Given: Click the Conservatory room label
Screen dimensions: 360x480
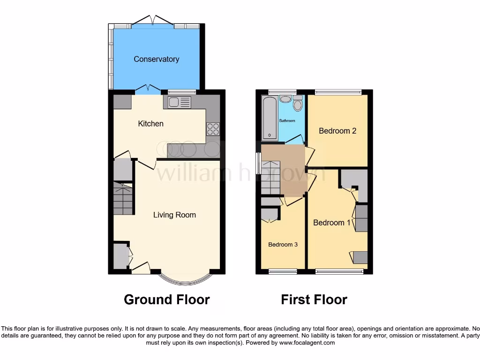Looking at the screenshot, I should click(156, 59).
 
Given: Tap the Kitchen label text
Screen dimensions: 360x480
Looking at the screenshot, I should click(150, 124).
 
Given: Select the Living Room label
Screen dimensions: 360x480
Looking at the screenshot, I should click(174, 215).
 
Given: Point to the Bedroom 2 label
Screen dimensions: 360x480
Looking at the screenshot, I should click(337, 131).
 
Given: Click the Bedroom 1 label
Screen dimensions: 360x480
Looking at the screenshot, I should click(331, 223).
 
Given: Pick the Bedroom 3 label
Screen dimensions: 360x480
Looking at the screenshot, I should click(283, 245).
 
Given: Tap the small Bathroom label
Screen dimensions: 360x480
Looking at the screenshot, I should click(287, 121).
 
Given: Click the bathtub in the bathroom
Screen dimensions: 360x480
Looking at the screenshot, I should click(270, 118).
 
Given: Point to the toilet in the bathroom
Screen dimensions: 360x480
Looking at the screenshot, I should click(298, 104).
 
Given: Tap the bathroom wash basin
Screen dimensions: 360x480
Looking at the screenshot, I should click(285, 99).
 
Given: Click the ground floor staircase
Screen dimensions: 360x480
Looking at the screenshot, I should click(123, 199).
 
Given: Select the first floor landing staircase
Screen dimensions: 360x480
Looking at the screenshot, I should click(270, 178).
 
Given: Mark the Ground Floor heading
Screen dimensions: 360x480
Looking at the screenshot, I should click(166, 300).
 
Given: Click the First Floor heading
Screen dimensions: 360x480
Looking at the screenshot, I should click(314, 300).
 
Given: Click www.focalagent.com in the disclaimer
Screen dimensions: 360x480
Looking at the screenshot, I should click(307, 343).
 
